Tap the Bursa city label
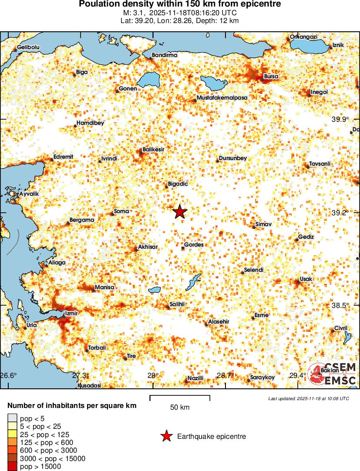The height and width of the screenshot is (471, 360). point(271,77)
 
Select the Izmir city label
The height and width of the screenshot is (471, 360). point(71,313)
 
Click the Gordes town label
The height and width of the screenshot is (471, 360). point(194,245)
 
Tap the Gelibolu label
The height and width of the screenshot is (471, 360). point(28,47)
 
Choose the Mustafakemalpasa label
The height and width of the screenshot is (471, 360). point(222,98)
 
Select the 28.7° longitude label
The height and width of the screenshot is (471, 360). point(225,375)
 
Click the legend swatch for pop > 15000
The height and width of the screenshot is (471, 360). point(12,467)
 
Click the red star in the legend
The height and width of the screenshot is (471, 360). point(166,436)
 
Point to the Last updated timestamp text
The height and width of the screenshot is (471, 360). point(308,398)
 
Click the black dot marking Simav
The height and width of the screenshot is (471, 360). point(254,227)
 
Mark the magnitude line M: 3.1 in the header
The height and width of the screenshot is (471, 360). point(180,13)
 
